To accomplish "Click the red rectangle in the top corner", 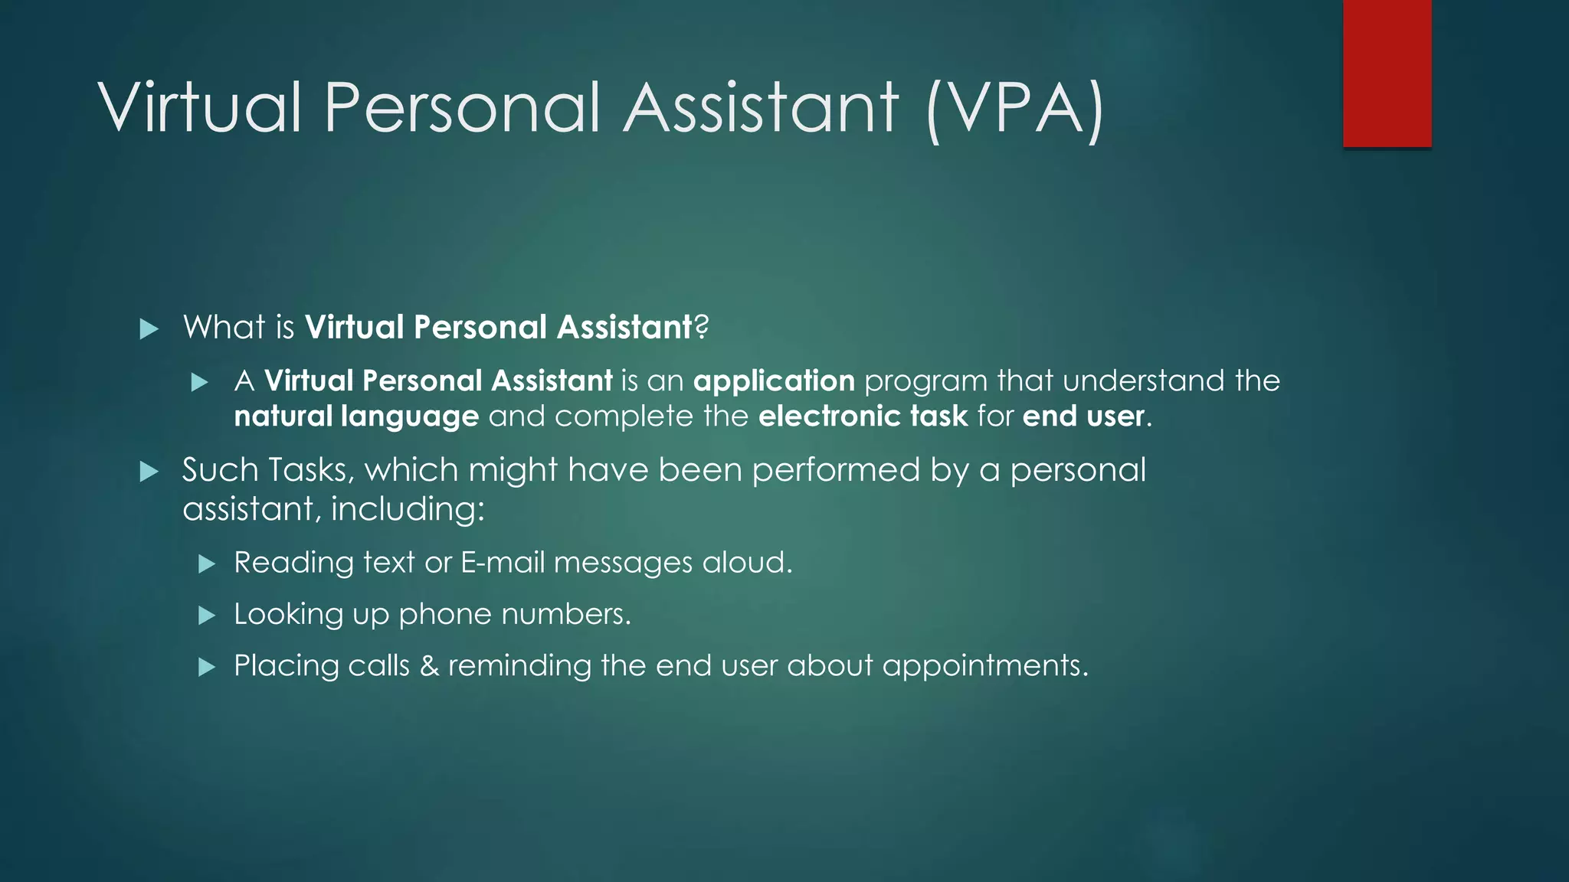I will pyautogui.click(x=1387, y=73).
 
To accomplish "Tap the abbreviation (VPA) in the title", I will pyautogui.click(x=1014, y=109).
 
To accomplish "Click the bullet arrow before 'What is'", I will pyautogui.click(x=149, y=329).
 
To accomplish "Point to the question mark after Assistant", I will pyautogui.click(x=701, y=328).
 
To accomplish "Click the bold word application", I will pyautogui.click(x=774, y=381).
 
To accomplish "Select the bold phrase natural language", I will pyautogui.click(x=356, y=416).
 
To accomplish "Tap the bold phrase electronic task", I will pyautogui.click(x=863, y=416).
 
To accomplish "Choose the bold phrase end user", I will pyautogui.click(x=1083, y=416).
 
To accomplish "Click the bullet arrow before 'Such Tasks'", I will pyautogui.click(x=149, y=472).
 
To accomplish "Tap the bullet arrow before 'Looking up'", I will pyautogui.click(x=206, y=616).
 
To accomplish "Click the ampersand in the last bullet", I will pyautogui.click(x=429, y=666).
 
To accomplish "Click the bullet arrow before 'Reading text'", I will pyautogui.click(x=206, y=564).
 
